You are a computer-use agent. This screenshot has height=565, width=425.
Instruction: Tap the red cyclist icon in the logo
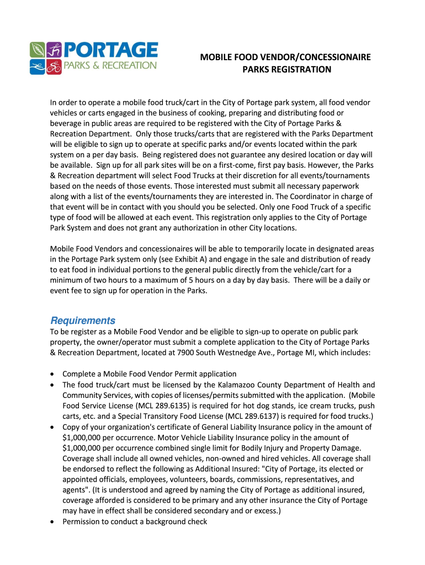[54, 67]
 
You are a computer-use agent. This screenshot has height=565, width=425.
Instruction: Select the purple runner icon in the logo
[54, 50]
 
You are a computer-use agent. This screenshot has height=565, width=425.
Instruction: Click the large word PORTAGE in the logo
[110, 50]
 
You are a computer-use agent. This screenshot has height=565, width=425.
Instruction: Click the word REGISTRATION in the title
[301, 70]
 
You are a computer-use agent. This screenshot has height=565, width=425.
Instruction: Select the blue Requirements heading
[83, 321]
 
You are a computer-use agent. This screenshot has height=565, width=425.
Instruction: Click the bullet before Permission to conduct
[52, 521]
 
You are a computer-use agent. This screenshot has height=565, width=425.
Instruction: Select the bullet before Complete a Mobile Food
[52, 374]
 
